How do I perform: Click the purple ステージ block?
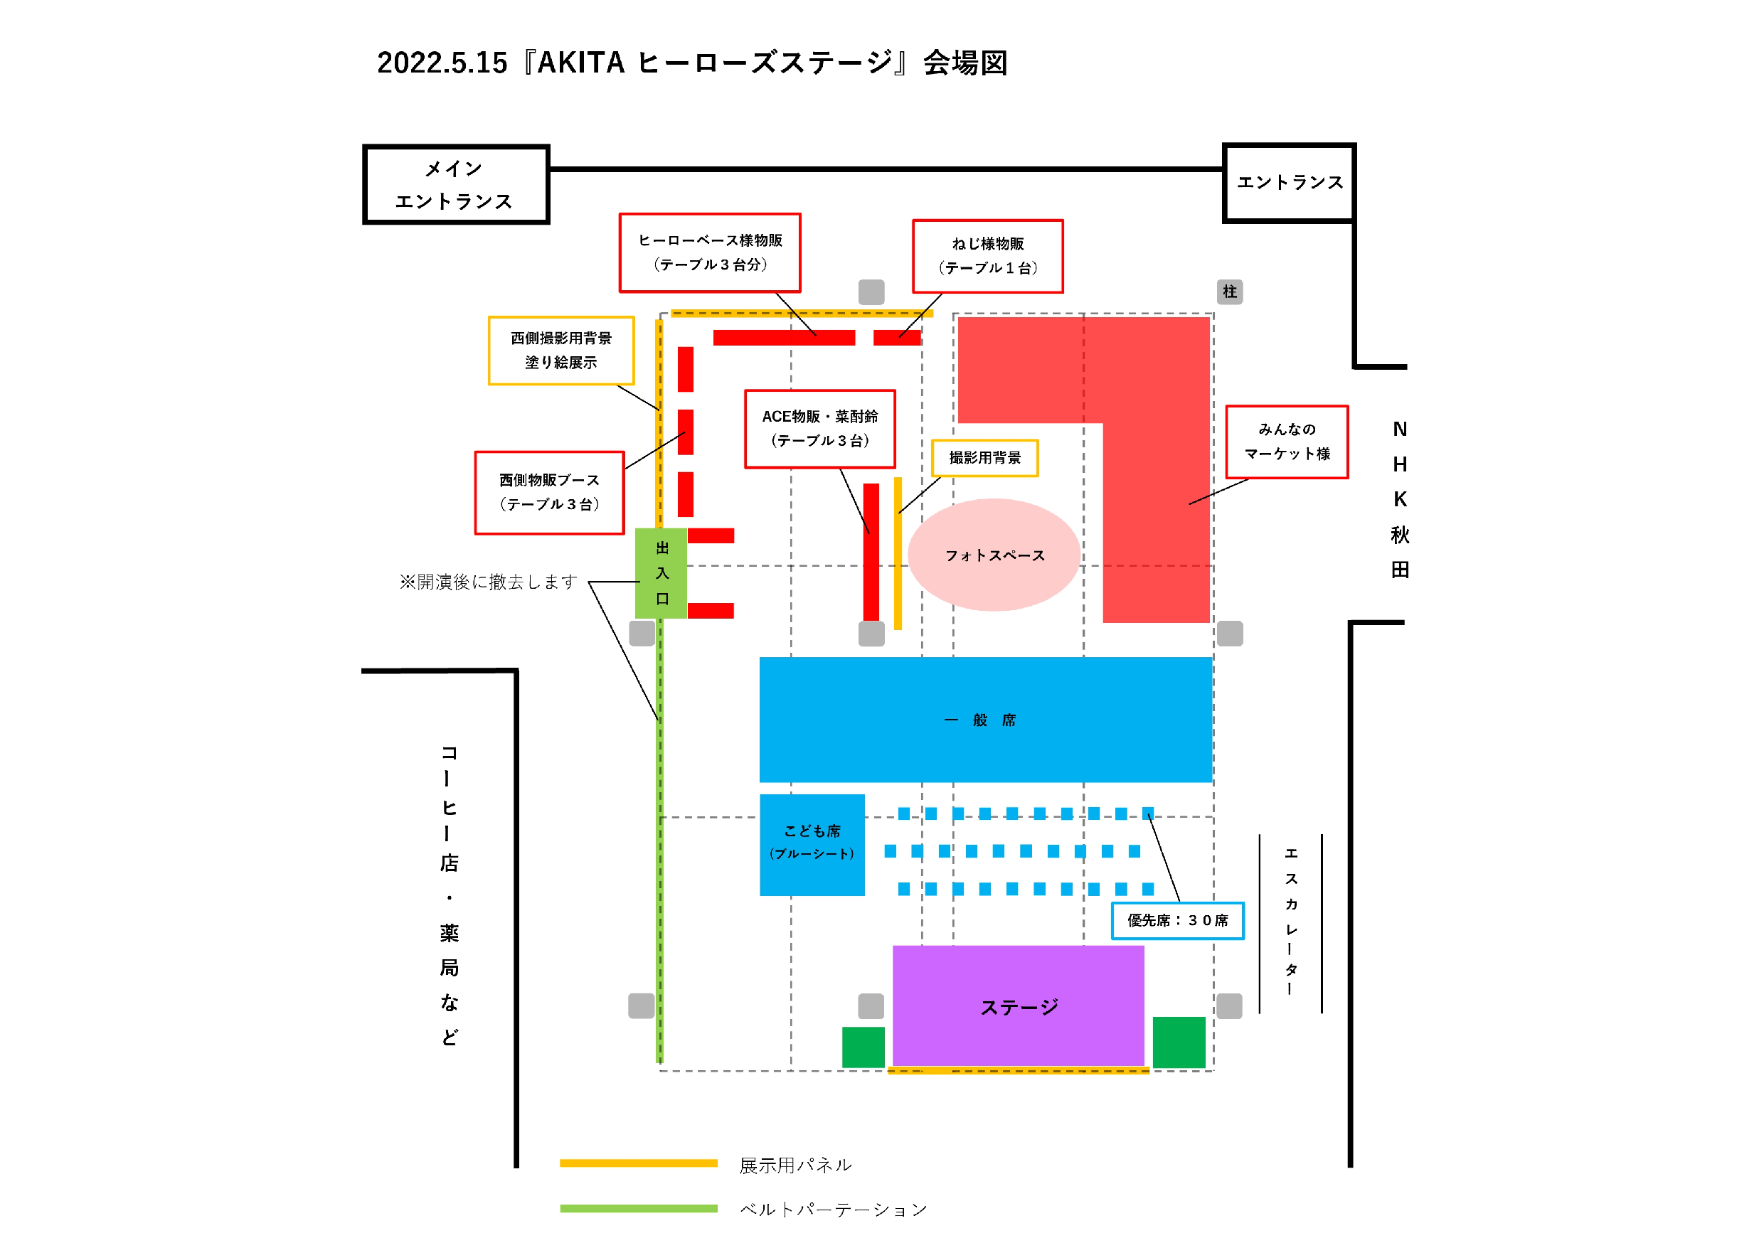(1018, 1006)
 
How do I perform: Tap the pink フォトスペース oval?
(994, 555)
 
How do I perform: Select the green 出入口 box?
(661, 573)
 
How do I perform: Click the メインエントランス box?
(456, 184)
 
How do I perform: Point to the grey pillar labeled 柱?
(1229, 292)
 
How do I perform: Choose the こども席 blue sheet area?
(812, 844)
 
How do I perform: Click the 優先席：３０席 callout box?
(1177, 920)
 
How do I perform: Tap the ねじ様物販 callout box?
(987, 256)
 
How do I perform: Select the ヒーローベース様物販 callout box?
(710, 252)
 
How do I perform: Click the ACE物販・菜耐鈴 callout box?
(820, 429)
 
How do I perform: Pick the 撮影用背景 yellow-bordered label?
(984, 458)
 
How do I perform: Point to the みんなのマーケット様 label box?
(1286, 442)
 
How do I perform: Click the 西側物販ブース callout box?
(549, 493)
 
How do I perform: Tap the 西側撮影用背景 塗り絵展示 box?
(561, 351)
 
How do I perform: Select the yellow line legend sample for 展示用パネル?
(639, 1163)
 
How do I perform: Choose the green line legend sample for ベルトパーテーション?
(639, 1208)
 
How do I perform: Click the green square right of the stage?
(1179, 1042)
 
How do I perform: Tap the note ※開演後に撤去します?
(488, 582)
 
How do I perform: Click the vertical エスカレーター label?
(1291, 922)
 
